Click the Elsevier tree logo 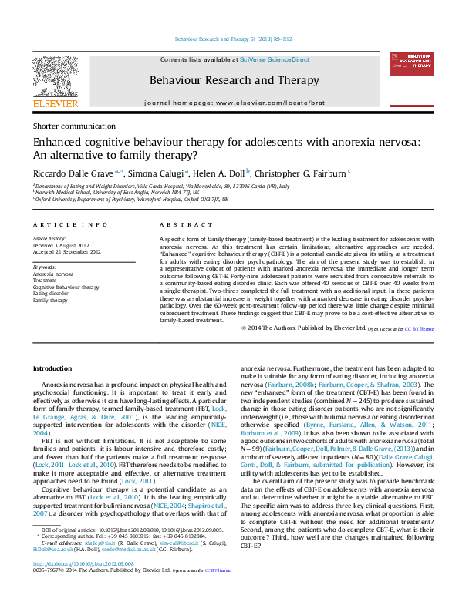[x=55, y=77]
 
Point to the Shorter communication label [x=74, y=126]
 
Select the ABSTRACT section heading [x=181, y=224]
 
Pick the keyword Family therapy [x=51, y=299]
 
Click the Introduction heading [x=52, y=369]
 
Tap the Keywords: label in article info [x=45, y=267]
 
